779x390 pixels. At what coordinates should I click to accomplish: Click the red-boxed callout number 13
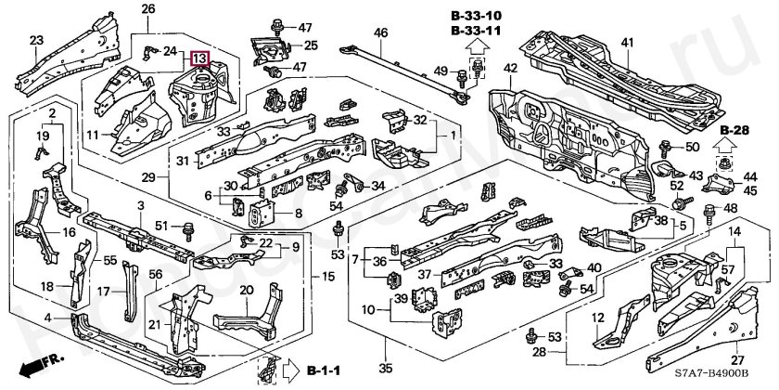pos(200,58)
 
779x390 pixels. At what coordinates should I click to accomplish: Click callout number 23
pos(35,39)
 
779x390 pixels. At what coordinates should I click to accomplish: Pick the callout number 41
pos(627,43)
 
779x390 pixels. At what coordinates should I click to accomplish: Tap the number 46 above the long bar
pos(379,34)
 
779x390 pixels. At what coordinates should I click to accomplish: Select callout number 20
pos(246,290)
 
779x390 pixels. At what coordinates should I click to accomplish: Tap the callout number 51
pos(161,225)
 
